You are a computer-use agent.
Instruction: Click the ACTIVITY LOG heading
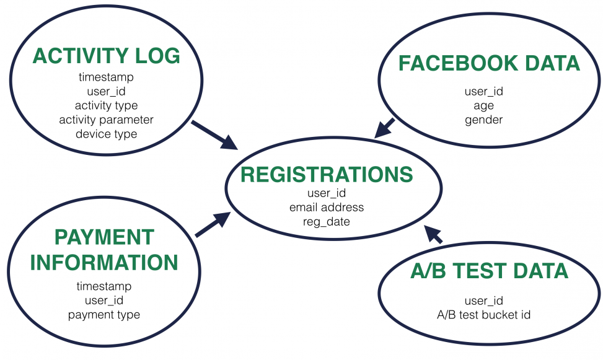[x=106, y=56]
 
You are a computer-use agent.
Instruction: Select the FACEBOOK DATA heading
[x=489, y=63]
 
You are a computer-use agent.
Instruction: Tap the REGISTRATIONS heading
[x=327, y=175]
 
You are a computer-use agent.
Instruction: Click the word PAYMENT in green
[x=104, y=237]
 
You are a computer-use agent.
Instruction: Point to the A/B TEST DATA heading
[x=489, y=271]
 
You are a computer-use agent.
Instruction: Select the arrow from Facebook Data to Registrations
[x=385, y=127]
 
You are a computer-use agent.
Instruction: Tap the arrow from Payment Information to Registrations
[x=212, y=224]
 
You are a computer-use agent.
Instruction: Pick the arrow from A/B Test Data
[x=434, y=234]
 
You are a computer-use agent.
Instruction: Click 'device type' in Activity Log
[x=106, y=134]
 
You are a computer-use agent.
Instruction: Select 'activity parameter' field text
[x=106, y=120]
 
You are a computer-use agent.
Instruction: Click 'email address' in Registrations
[x=327, y=207]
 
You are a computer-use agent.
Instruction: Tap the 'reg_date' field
[x=327, y=221]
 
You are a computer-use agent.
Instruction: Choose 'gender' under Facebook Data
[x=483, y=120]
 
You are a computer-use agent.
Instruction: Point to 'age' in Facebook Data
[x=483, y=105]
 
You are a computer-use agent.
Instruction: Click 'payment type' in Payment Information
[x=104, y=315]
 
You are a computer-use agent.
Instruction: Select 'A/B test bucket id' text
[x=483, y=315]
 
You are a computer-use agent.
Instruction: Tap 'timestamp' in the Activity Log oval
[x=106, y=77]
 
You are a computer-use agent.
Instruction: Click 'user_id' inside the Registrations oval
[x=327, y=193]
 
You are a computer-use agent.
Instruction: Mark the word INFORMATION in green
[x=104, y=262]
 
